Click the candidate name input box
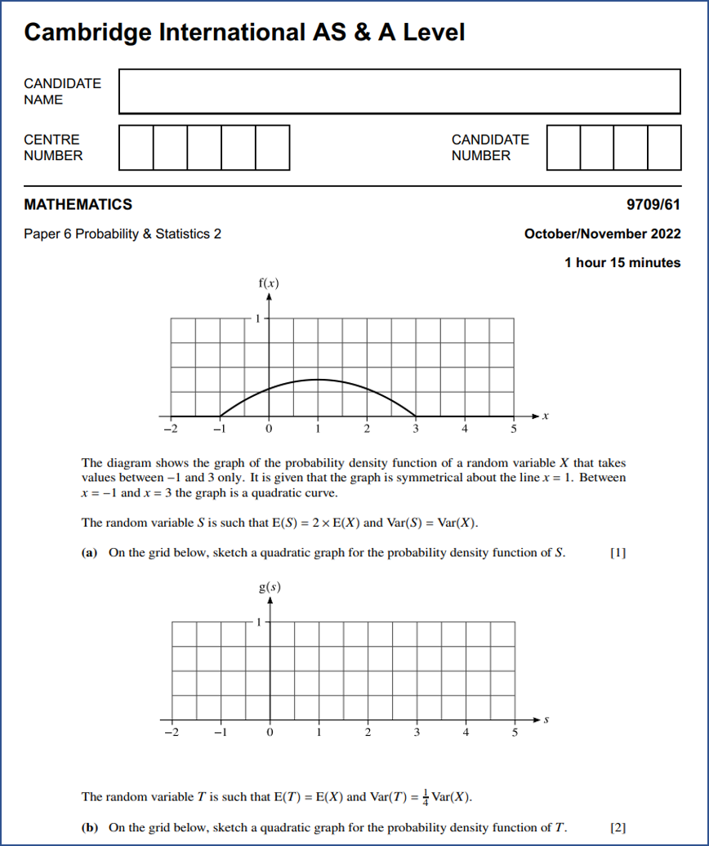click(399, 91)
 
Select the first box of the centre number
click(136, 147)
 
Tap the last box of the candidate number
click(664, 147)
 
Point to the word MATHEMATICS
click(78, 204)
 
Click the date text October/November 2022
click(602, 234)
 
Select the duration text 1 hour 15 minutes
click(622, 262)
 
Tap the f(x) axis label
click(268, 284)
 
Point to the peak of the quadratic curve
click(318, 380)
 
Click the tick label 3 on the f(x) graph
click(416, 428)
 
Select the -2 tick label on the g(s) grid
click(169, 732)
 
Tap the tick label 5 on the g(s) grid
click(515, 732)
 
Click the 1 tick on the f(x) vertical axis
click(259, 318)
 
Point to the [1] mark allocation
click(618, 553)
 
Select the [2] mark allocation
click(618, 827)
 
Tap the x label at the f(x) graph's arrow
click(546, 416)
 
